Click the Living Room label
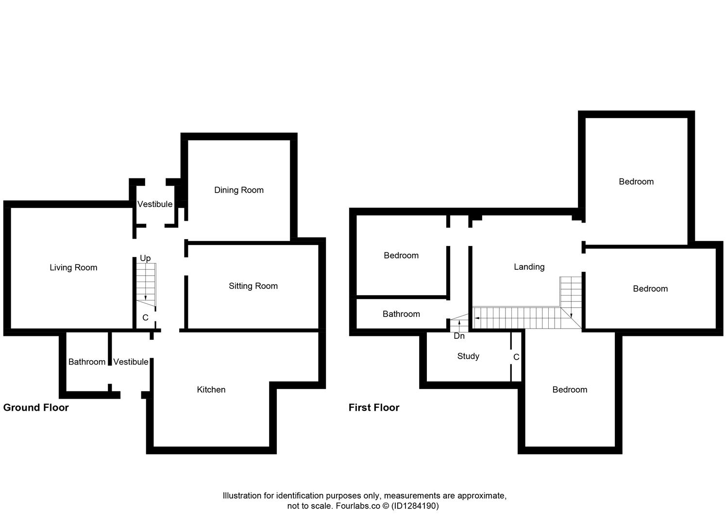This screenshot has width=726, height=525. click(x=73, y=267)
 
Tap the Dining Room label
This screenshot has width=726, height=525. click(x=239, y=190)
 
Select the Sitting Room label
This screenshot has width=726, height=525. click(x=253, y=286)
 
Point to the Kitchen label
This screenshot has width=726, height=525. click(x=211, y=389)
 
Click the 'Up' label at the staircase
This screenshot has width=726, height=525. click(x=145, y=258)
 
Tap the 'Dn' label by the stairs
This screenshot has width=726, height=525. click(x=459, y=336)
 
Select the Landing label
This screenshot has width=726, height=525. click(x=529, y=267)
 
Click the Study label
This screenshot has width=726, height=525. click(x=468, y=356)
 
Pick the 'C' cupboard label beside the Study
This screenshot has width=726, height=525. click(x=516, y=357)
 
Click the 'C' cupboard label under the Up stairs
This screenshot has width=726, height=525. click(x=145, y=318)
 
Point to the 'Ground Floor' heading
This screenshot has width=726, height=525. click(x=36, y=407)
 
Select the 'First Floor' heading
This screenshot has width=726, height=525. click(x=374, y=407)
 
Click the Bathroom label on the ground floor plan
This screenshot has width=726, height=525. click(x=87, y=362)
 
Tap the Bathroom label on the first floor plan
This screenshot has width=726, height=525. click(x=401, y=314)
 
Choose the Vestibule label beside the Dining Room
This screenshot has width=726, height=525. click(x=155, y=204)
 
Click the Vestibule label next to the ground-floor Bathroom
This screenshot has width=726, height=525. click(x=131, y=362)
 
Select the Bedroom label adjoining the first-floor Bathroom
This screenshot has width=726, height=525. click(x=401, y=255)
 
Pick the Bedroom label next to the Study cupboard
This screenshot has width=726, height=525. click(x=570, y=389)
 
